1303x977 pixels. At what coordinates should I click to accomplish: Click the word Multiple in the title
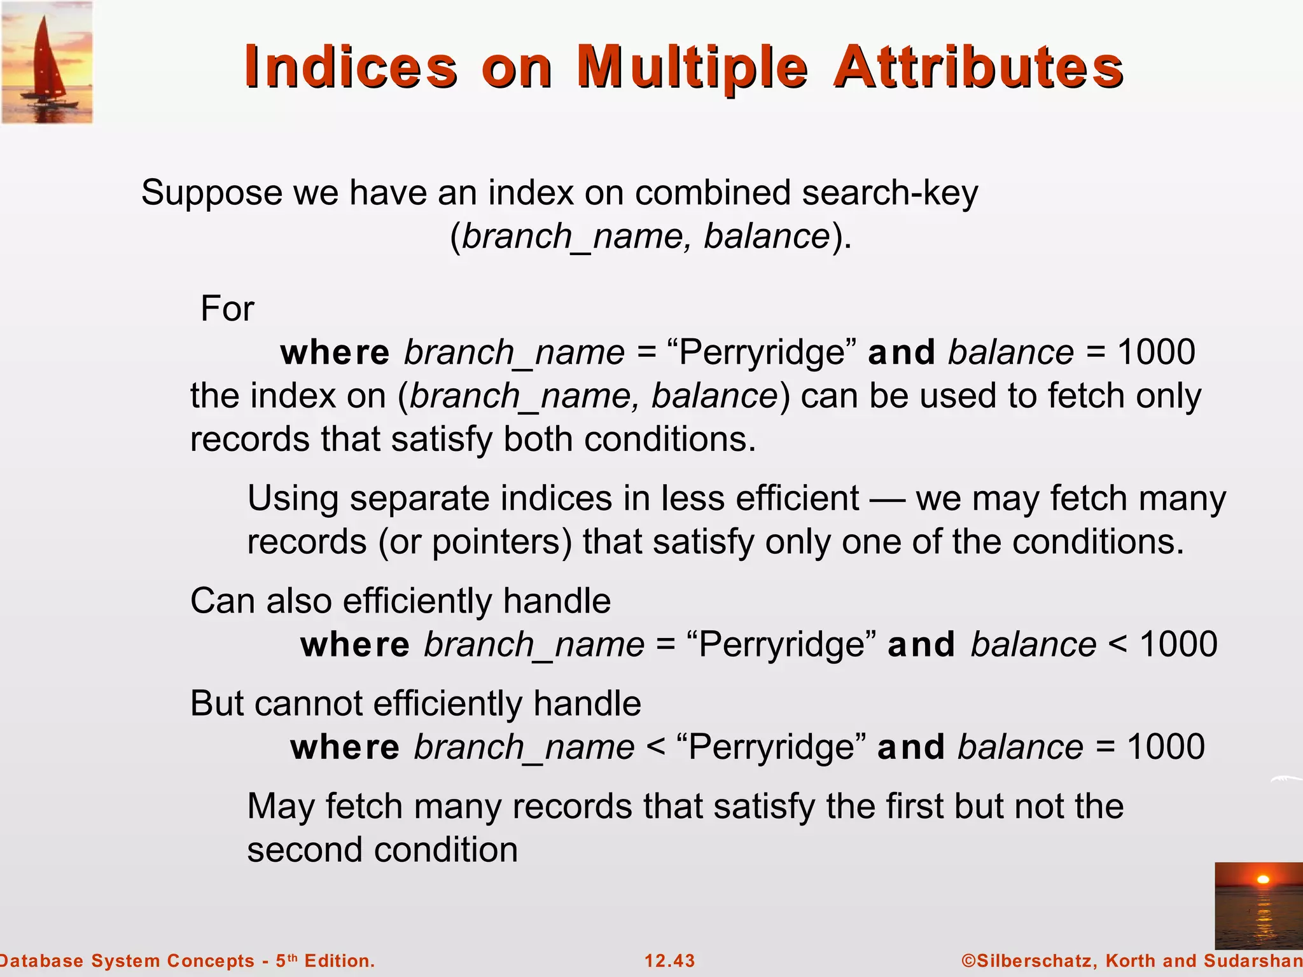pyautogui.click(x=692, y=67)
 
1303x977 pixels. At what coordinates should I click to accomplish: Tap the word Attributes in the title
pyautogui.click(x=979, y=67)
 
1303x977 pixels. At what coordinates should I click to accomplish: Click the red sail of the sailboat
pyautogui.click(x=46, y=60)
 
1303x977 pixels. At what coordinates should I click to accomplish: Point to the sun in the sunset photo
pyautogui.click(x=1264, y=880)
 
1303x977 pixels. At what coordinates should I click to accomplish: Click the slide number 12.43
pyautogui.click(x=670, y=960)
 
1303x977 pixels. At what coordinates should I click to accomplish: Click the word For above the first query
pyautogui.click(x=227, y=309)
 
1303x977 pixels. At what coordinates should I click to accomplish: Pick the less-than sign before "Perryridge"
pyautogui.click(x=655, y=747)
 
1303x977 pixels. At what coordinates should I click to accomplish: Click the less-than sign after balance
pyautogui.click(x=1117, y=644)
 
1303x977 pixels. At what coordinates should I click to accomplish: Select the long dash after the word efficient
pyautogui.click(x=887, y=499)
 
